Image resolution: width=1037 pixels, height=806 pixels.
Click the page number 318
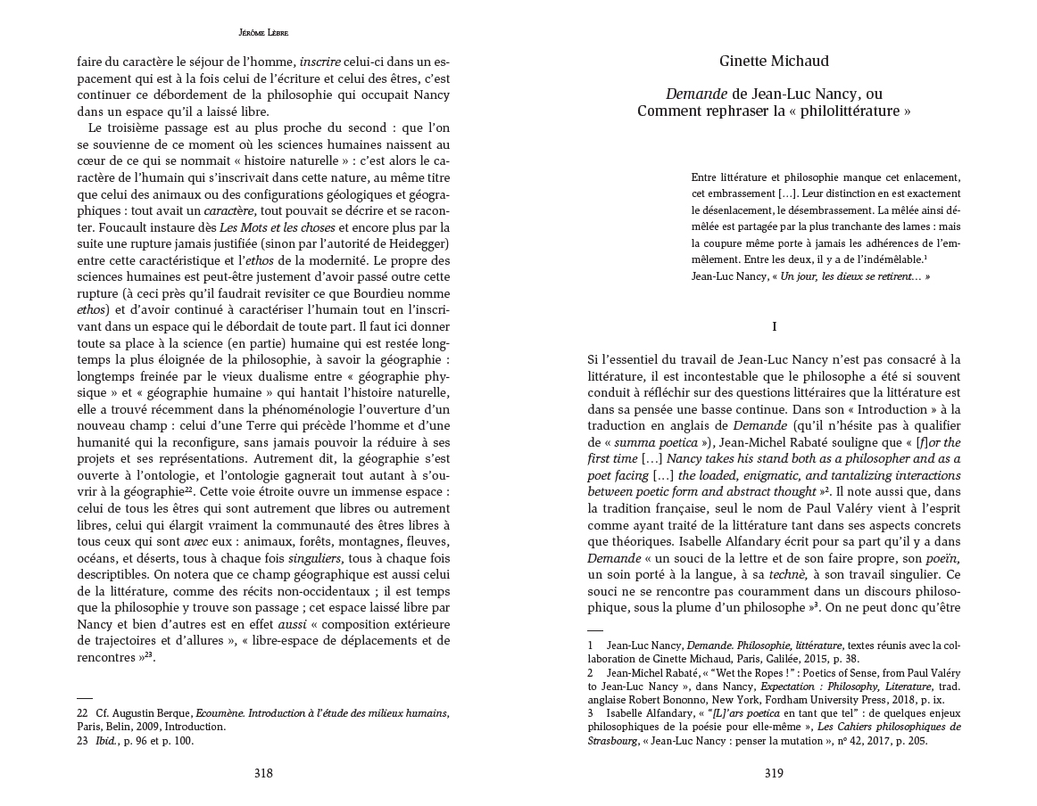[x=263, y=773]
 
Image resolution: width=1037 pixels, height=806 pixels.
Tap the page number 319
[x=774, y=773]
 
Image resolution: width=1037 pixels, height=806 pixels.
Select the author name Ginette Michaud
[x=774, y=61]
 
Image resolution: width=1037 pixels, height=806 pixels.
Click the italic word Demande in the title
[x=696, y=94]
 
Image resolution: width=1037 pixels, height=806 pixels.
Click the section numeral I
[x=774, y=327]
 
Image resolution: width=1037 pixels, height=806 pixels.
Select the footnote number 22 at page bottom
[x=82, y=713]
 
